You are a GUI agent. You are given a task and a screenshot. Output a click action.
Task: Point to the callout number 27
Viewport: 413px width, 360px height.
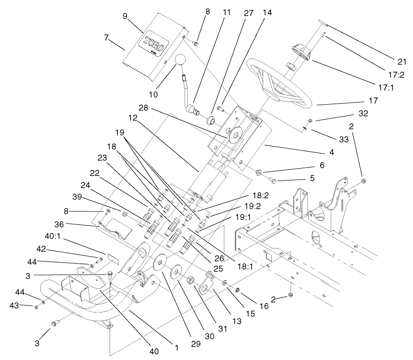[x=248, y=13]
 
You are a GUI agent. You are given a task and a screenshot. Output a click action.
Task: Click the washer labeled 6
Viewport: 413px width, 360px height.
[x=258, y=172]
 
